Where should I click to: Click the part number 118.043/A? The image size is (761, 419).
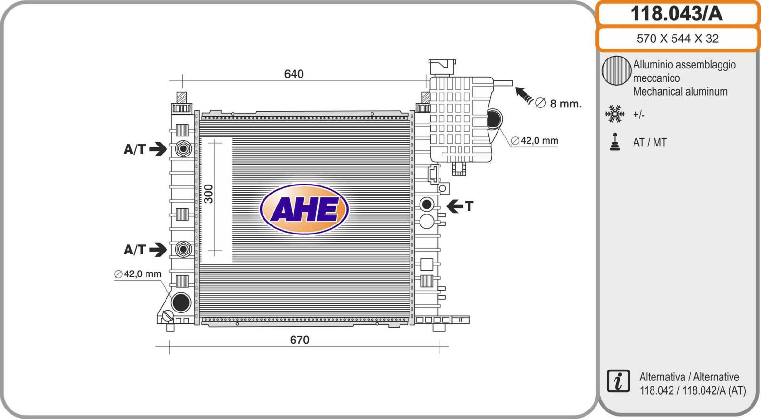676,14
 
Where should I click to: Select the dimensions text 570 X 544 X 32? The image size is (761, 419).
677,39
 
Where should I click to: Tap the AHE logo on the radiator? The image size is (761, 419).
304,209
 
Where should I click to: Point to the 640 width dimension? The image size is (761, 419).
294,74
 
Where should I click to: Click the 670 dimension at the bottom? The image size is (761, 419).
300,340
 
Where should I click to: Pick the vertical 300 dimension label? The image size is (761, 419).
208,194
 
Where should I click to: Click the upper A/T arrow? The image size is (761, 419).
158,149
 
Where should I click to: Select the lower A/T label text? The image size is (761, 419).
135,250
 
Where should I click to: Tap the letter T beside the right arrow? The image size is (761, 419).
469,206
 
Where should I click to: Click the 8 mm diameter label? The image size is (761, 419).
558,103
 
